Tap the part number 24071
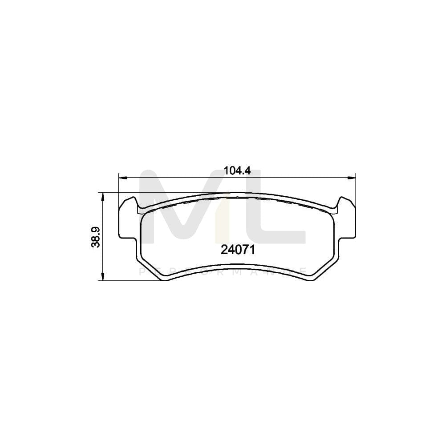coord(238,250)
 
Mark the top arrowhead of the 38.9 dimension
coord(103,196)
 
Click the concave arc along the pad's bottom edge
coord(238,268)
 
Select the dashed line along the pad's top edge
coord(238,200)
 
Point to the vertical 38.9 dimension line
coord(103,258)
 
